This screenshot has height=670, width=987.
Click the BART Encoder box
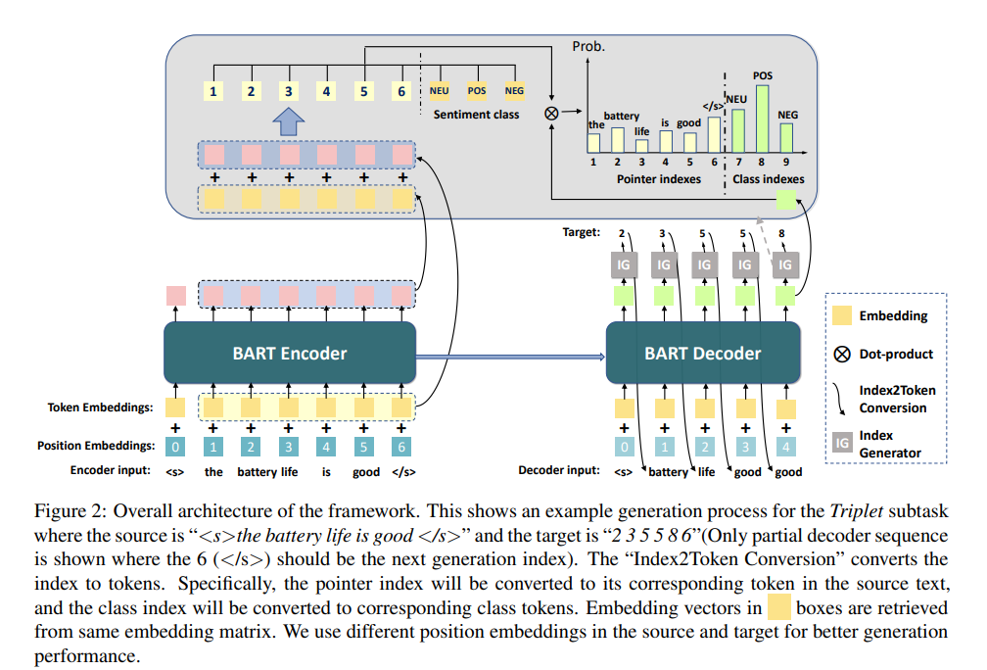[290, 353]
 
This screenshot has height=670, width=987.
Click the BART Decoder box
[703, 353]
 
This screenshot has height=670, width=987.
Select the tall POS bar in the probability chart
[762, 120]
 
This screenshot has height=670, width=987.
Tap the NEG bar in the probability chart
[786, 138]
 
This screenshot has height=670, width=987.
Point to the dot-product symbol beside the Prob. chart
[551, 114]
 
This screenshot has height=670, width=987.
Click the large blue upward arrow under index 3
[288, 120]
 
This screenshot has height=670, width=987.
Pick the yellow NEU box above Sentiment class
[439, 91]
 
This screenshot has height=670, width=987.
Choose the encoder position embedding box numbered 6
[401, 447]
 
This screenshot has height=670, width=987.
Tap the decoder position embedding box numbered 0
[624, 447]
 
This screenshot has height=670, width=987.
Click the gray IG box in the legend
[842, 444]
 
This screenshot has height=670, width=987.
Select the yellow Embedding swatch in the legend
[842, 314]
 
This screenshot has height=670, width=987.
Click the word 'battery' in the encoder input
[258, 472]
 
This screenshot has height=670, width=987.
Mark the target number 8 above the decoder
[781, 233]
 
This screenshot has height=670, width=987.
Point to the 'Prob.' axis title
[588, 47]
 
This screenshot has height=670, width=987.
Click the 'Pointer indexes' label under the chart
[658, 179]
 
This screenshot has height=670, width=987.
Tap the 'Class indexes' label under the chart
[768, 179]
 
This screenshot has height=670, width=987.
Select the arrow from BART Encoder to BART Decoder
[510, 357]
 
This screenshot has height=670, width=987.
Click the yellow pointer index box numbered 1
[213, 91]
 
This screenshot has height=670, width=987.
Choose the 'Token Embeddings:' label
[100, 407]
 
